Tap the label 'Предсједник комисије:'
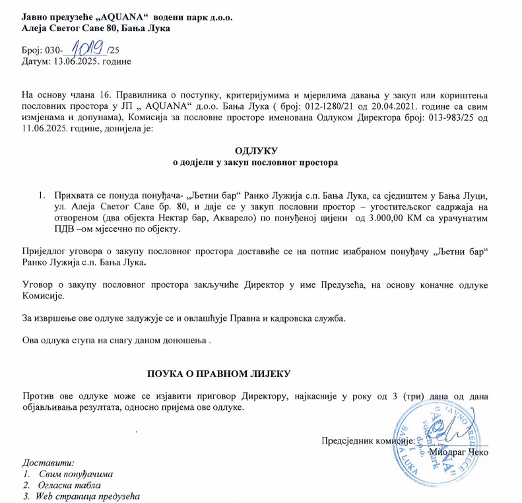tap(367, 441)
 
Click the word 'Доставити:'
tap(49, 462)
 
